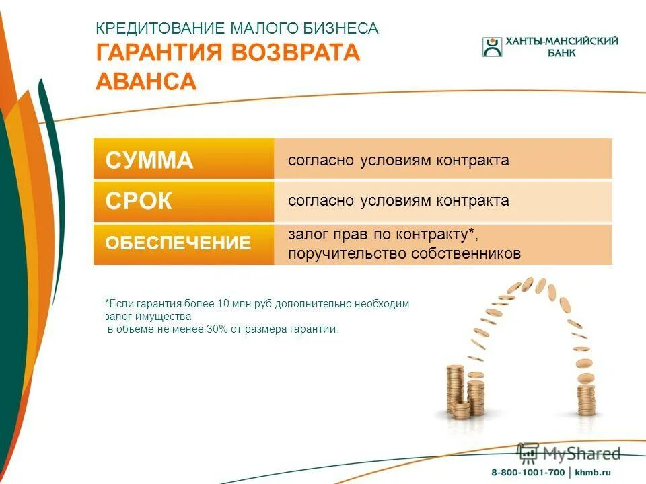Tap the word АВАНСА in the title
pyautogui.click(x=146, y=81)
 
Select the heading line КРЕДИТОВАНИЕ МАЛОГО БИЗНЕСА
pyautogui.click(x=237, y=28)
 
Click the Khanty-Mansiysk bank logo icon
pyautogui.click(x=492, y=47)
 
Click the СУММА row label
pyautogui.click(x=149, y=161)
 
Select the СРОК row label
pyautogui.click(x=139, y=201)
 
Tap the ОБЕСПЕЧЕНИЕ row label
pyautogui.click(x=178, y=243)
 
